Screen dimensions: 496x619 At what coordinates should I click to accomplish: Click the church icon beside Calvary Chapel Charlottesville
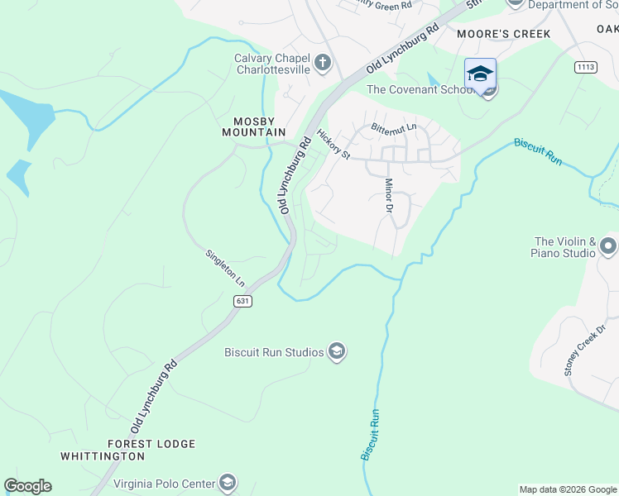pyautogui.click(x=322, y=62)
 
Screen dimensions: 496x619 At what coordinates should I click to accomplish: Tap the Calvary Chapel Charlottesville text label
pyautogui.click(x=271, y=64)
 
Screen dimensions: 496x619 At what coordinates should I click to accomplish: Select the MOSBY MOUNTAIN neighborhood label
pyautogui.click(x=253, y=126)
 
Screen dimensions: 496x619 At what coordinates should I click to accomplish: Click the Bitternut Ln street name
pyautogui.click(x=395, y=129)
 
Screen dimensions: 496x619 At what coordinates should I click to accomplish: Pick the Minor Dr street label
pyautogui.click(x=388, y=196)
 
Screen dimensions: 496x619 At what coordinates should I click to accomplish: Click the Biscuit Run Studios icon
pyautogui.click(x=337, y=352)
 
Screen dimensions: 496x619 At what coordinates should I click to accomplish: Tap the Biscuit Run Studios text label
pyautogui.click(x=274, y=352)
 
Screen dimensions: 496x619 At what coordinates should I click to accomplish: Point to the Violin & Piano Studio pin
pyautogui.click(x=608, y=246)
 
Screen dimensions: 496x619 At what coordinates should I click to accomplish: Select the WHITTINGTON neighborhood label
pyautogui.click(x=103, y=455)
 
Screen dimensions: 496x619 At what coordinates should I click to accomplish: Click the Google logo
pyautogui.click(x=27, y=486)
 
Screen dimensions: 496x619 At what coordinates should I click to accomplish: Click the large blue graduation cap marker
pyautogui.click(x=480, y=74)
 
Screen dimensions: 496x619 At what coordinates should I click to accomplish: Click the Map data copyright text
pyautogui.click(x=567, y=489)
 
